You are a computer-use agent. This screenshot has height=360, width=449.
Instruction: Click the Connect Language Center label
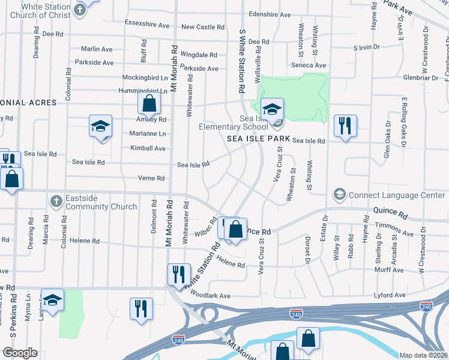point(397,195)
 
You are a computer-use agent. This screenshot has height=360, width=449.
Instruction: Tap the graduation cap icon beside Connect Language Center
point(340,195)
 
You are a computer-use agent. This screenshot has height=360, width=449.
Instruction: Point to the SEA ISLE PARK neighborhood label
point(259,139)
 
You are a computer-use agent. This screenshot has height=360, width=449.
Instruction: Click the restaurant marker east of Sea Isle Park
point(345,126)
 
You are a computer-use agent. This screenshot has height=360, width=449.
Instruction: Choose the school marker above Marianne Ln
point(101,126)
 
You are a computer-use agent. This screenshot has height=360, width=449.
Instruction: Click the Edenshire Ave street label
point(270,14)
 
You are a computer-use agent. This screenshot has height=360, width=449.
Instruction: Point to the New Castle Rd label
point(203,27)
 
